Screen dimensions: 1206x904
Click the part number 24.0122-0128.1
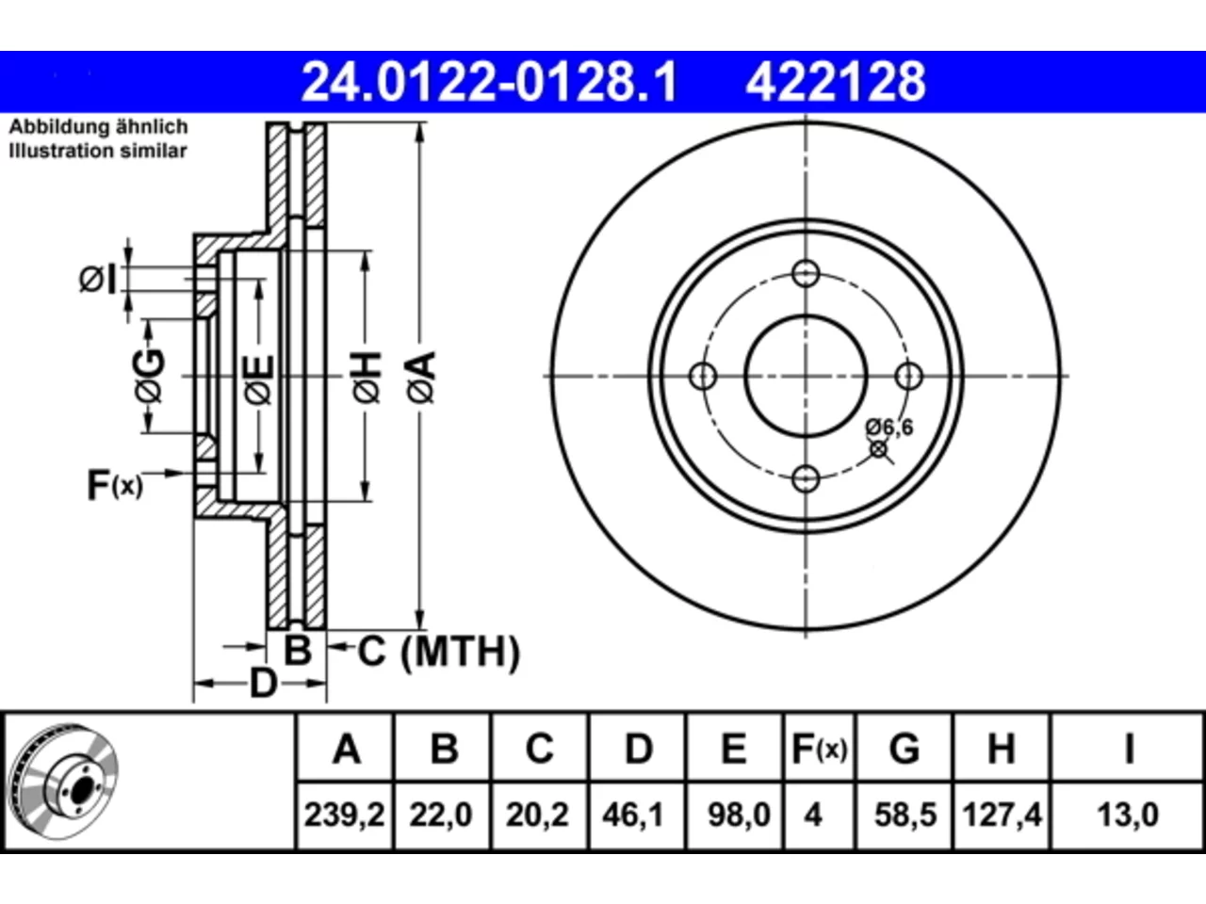pos(489,82)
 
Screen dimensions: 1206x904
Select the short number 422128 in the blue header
pos(836,82)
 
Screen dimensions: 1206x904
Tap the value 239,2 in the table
pos(345,815)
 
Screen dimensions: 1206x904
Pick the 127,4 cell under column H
pos(1002,815)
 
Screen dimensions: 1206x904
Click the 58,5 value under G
pos(905,815)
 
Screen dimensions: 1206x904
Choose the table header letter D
pos(639,749)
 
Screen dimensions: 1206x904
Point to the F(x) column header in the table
pos(819,749)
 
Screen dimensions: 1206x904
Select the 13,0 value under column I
pos(1128,815)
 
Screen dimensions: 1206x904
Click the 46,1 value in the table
pos(633,815)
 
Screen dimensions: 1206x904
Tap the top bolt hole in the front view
pos(806,273)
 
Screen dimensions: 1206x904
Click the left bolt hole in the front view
pos(703,377)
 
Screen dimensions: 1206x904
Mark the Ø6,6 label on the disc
pos(889,427)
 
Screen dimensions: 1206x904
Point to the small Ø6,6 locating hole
pos(878,449)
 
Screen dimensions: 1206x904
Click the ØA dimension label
pos(422,378)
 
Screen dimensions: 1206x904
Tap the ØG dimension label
pos(149,376)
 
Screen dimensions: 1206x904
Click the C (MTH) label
pos(438,652)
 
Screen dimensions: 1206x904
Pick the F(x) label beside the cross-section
pos(115,485)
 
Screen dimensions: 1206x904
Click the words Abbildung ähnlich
pos(98,127)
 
